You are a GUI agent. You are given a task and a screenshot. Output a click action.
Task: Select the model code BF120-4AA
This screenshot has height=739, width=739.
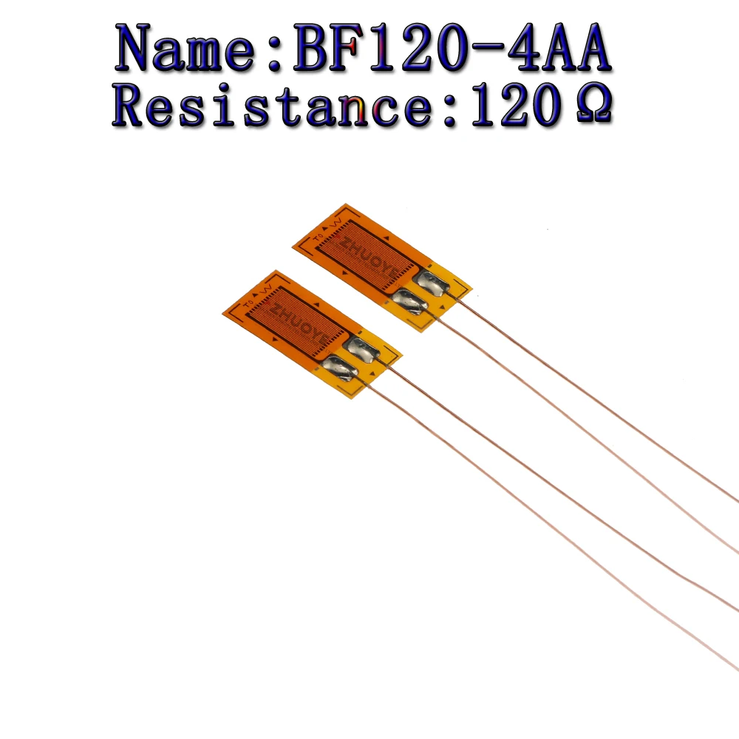coord(452,50)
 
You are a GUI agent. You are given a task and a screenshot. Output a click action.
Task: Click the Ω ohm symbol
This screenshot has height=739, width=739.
coord(591,109)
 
